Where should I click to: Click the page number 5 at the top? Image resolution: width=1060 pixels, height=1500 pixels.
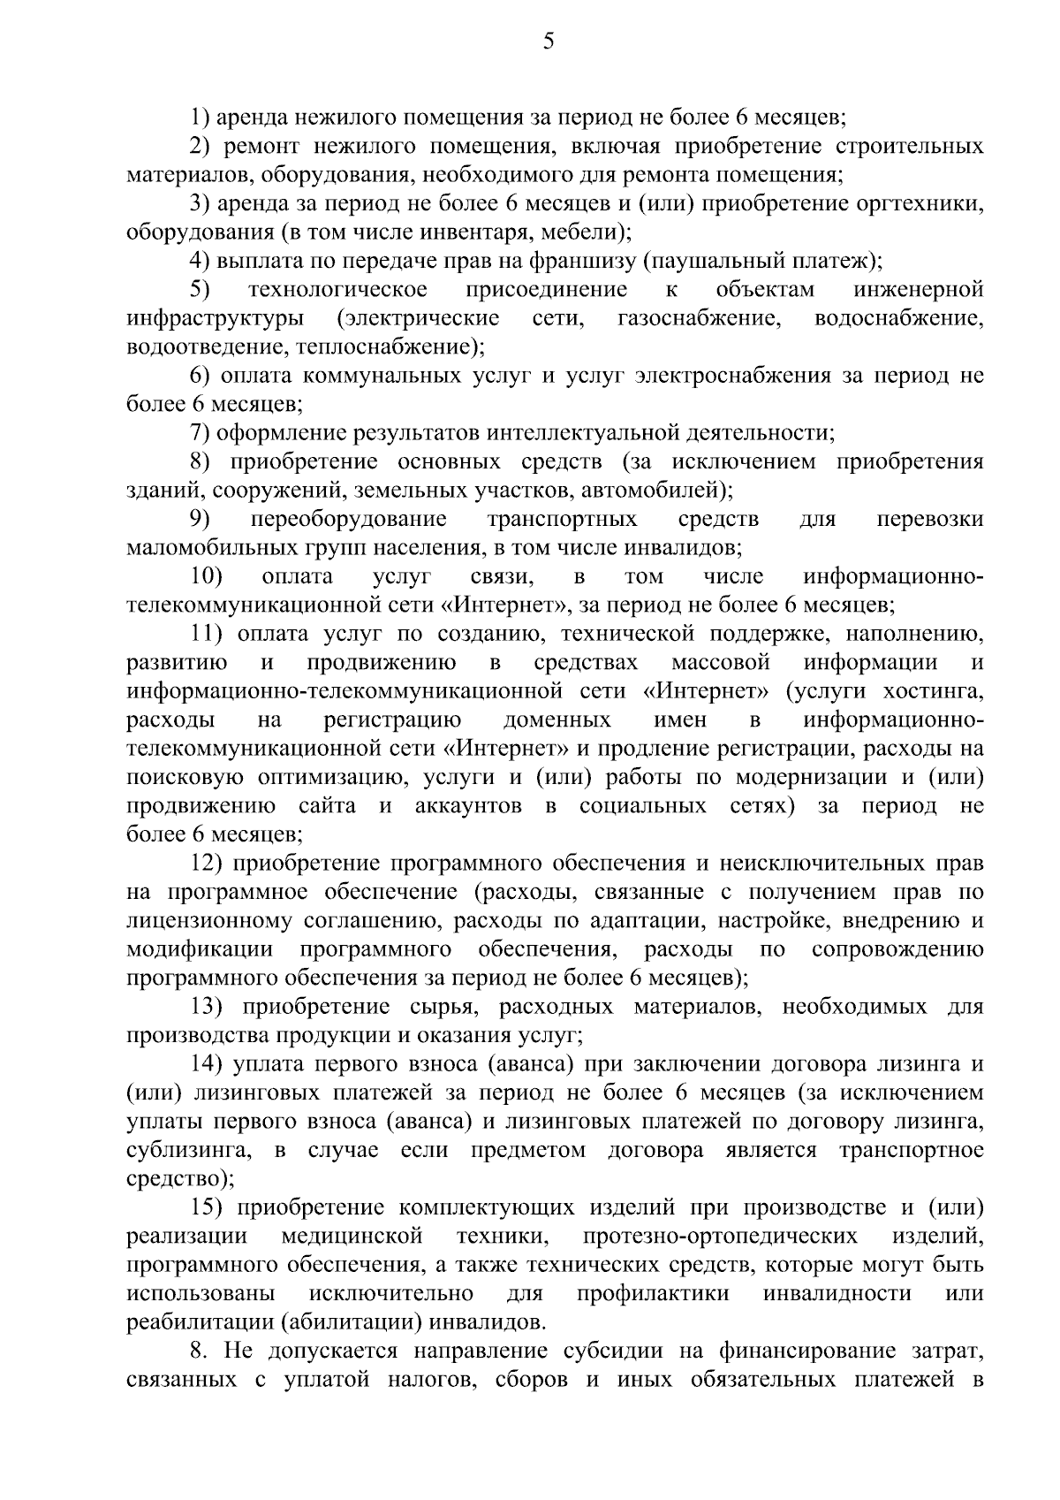tap(549, 42)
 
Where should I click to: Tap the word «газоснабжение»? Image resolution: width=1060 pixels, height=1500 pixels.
tap(700, 318)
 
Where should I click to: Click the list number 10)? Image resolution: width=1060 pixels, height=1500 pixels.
tap(207, 576)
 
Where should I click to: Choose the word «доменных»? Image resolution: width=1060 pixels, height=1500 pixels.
tap(556, 720)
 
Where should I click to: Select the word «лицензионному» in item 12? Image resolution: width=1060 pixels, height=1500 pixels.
tap(208, 921)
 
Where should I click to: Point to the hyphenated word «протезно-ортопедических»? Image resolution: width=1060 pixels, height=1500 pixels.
tap(719, 1236)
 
